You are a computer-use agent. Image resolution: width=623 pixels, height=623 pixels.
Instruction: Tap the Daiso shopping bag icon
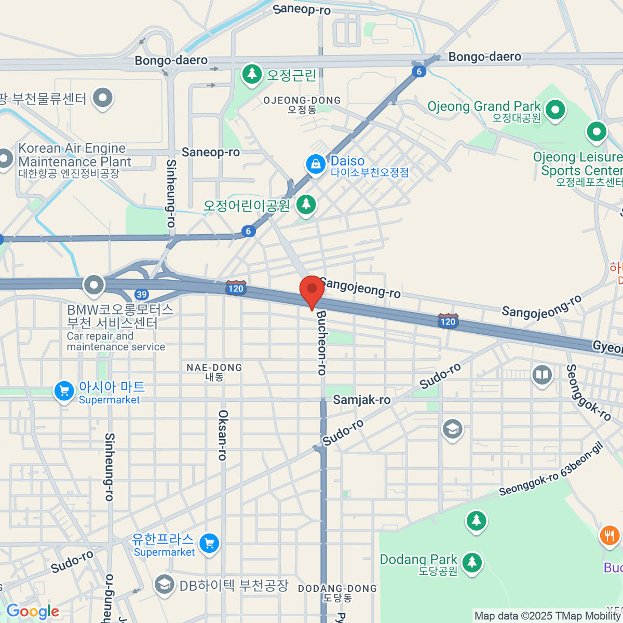click(315, 165)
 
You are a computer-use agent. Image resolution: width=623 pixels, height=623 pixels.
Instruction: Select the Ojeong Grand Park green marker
click(556, 110)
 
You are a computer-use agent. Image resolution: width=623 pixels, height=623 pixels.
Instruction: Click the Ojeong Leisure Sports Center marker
click(597, 131)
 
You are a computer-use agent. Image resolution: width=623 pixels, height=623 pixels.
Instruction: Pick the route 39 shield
click(141, 294)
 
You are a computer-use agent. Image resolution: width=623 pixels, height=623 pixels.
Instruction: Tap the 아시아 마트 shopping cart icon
click(64, 391)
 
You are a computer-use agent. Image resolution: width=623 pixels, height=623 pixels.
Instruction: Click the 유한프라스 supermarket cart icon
click(209, 544)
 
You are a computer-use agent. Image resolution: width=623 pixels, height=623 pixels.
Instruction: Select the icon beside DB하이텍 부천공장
click(164, 585)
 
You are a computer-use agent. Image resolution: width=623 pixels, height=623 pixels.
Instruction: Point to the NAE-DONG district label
click(214, 372)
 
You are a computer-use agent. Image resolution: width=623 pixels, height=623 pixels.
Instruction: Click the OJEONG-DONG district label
click(302, 104)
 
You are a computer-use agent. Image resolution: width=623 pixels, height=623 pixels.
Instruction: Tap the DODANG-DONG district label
click(337, 592)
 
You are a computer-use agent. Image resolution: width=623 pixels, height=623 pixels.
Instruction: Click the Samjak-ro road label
click(361, 400)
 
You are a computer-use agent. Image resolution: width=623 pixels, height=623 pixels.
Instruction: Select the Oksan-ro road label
click(223, 435)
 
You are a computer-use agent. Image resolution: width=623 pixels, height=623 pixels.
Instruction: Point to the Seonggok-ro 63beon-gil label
click(551, 469)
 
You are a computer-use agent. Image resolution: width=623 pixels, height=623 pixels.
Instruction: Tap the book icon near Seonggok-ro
click(542, 375)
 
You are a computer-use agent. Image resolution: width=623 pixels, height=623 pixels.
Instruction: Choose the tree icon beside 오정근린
click(252, 74)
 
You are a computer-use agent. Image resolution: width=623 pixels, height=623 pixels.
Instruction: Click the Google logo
click(33, 612)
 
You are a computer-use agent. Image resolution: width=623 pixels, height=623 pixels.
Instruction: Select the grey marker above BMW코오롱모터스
click(94, 285)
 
